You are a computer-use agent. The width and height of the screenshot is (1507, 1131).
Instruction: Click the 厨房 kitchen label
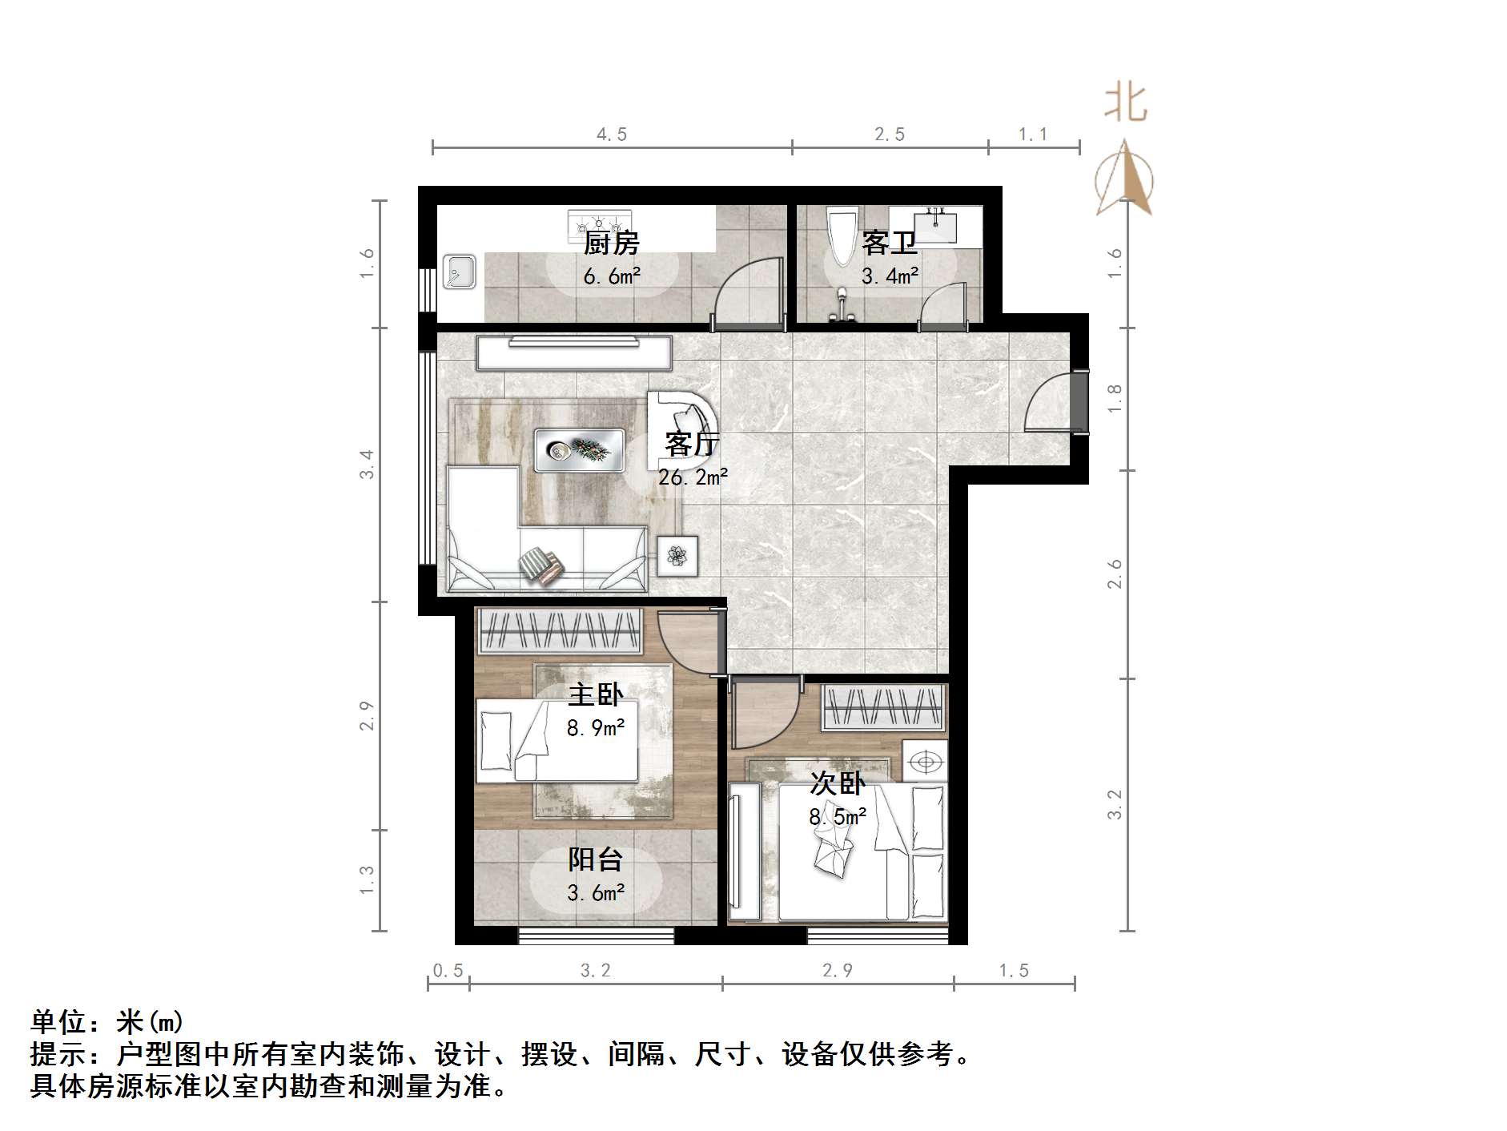[612, 242]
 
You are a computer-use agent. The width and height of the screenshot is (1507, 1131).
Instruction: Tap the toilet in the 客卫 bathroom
[842, 236]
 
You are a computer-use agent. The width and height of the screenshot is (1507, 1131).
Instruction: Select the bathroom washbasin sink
[935, 225]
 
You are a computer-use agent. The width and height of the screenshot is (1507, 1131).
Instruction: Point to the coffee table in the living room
[578, 451]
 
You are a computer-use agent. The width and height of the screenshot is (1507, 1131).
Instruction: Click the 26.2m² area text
[693, 477]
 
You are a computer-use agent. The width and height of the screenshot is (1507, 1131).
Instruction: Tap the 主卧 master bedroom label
[596, 694]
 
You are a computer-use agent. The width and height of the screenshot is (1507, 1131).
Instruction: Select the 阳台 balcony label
[596, 859]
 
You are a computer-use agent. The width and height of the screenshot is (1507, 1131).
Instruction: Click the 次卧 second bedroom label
[838, 783]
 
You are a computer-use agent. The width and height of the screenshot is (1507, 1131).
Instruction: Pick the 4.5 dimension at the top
[612, 135]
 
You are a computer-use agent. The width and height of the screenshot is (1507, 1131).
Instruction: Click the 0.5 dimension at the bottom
[448, 971]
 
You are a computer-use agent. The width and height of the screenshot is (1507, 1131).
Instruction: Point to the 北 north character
[1126, 104]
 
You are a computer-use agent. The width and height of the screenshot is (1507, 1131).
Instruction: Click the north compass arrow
[1125, 179]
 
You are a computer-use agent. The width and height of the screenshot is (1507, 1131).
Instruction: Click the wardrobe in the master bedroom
[561, 631]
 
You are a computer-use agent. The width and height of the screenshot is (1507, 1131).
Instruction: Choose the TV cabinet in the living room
[573, 352]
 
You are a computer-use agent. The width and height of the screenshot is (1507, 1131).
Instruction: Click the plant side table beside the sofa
[677, 556]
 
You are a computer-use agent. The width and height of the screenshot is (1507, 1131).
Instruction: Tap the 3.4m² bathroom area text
[890, 276]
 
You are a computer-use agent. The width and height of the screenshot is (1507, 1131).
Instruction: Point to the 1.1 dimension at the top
[1033, 135]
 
